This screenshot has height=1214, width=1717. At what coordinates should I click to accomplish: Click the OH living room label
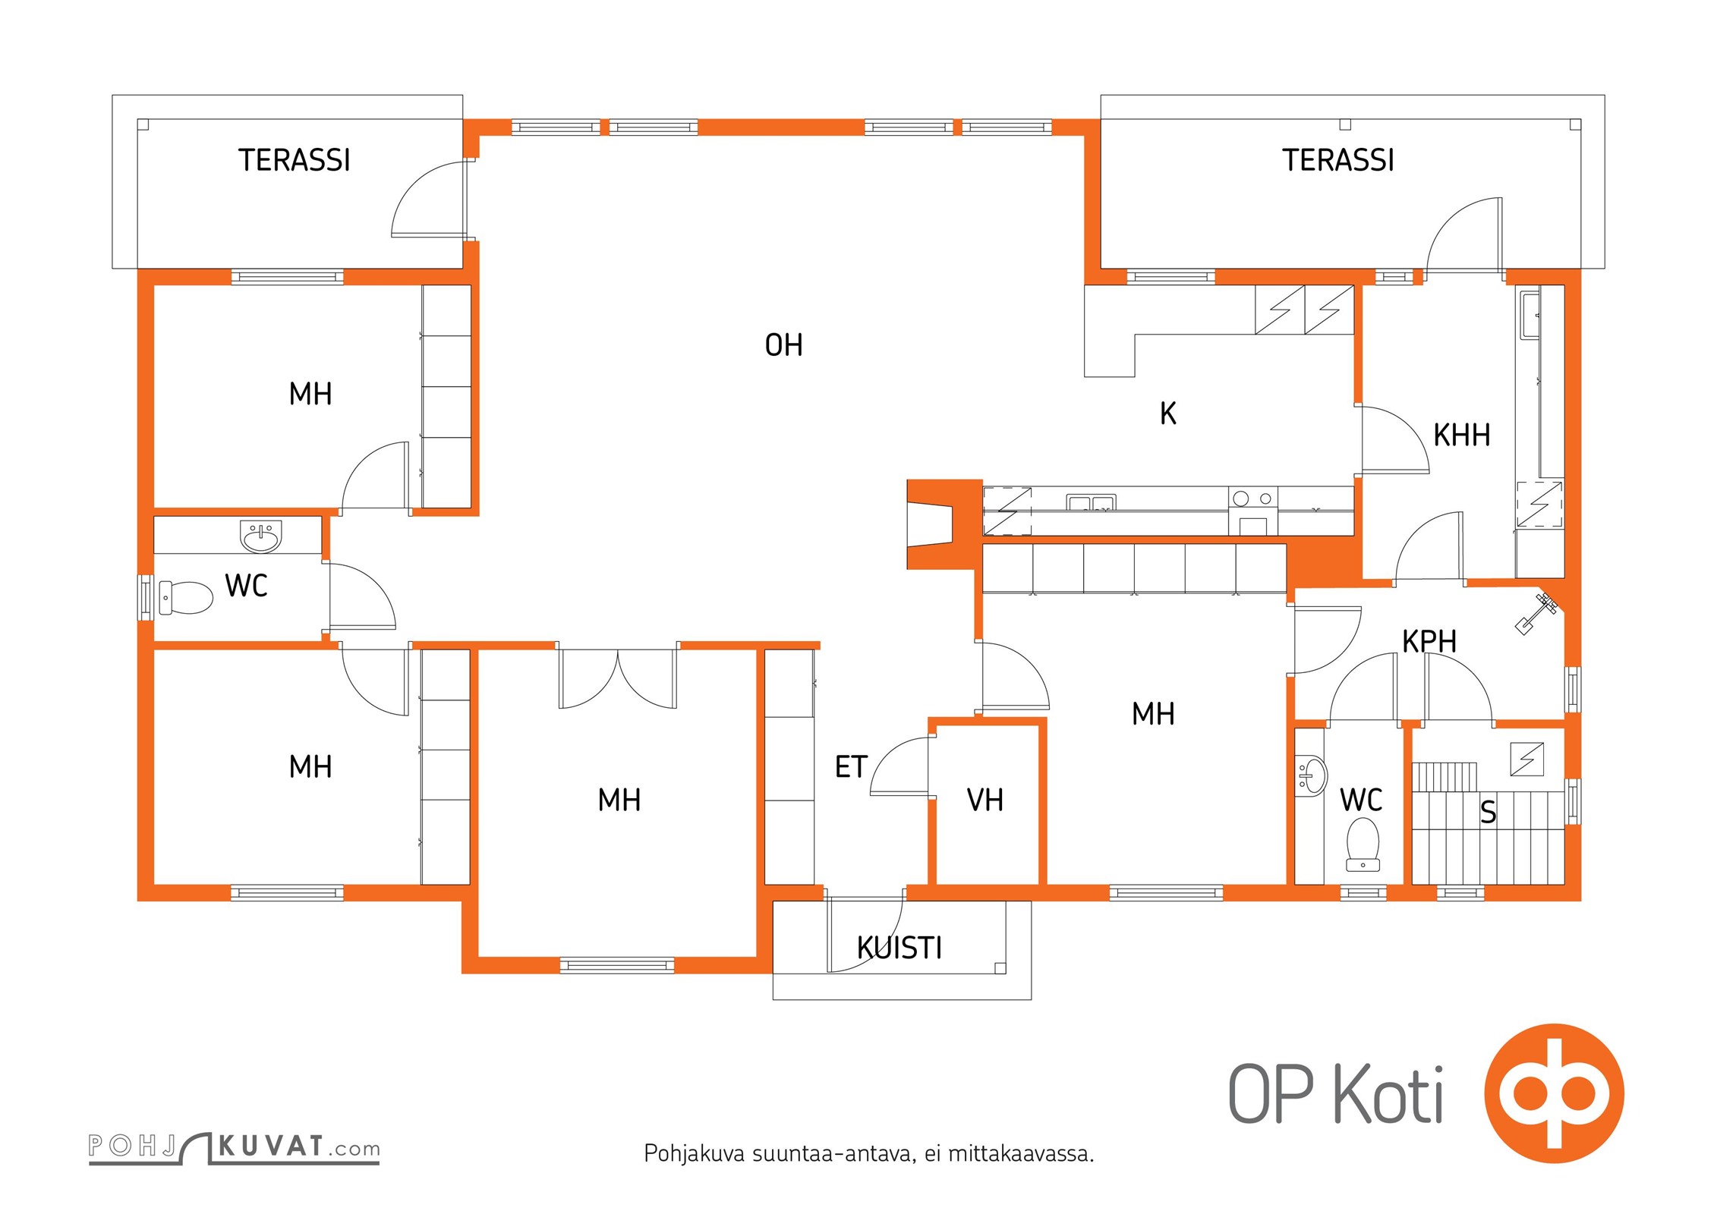pos(783,345)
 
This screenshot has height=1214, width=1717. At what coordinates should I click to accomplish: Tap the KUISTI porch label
pos(899,948)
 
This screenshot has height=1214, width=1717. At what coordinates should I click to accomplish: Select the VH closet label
pos(985,800)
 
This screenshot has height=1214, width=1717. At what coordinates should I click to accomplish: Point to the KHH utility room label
pos(1461,436)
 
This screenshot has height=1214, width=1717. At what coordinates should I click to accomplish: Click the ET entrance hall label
pos(851,766)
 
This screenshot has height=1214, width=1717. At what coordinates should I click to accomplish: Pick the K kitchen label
pos(1168,414)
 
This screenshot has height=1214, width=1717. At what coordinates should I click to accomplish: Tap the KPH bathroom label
pos(1429,642)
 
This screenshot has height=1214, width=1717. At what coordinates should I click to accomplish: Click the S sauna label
pos(1489,813)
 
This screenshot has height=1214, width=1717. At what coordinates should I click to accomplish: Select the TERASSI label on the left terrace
pos(295,160)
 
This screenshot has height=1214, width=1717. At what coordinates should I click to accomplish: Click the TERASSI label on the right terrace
pos(1338,160)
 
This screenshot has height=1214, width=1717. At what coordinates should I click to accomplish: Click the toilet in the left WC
pos(185,598)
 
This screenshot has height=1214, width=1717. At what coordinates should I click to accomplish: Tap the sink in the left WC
pos(261,536)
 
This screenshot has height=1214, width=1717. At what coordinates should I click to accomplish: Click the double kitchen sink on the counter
pos(1091,502)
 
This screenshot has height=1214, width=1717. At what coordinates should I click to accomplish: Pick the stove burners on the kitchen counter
pos(1252,498)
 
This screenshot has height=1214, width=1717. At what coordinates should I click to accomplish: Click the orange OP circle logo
pos(1554,1093)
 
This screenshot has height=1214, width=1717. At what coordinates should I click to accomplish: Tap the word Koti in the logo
pos(1388,1093)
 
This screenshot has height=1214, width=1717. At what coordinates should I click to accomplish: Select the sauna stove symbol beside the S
pos(1526,759)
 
